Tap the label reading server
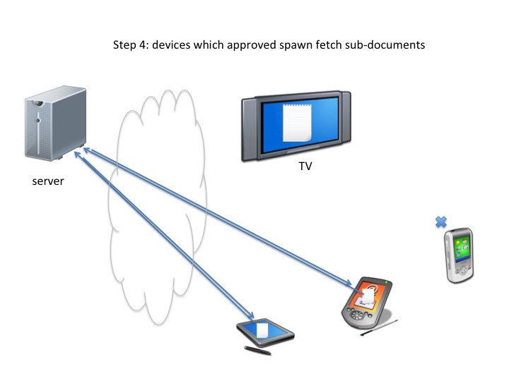tap(48, 181)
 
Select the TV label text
tap(305, 167)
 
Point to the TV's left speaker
tap(250, 123)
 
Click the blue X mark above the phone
tap(441, 222)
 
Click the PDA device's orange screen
tap(366, 296)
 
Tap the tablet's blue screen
tap(264, 330)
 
